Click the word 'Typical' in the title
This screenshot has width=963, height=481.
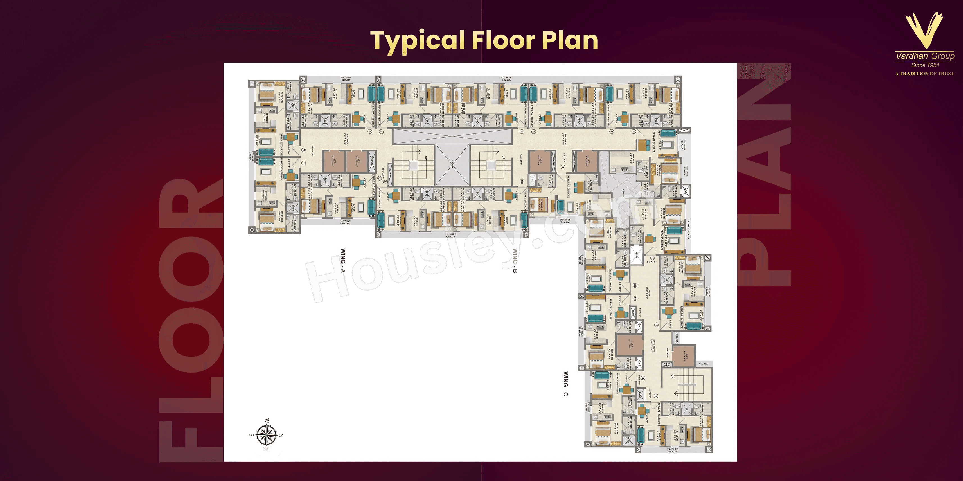[417, 41]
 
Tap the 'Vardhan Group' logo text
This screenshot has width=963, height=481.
[925, 56]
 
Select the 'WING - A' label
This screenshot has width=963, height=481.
[343, 261]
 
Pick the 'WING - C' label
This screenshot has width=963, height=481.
[566, 384]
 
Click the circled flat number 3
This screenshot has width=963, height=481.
[370, 131]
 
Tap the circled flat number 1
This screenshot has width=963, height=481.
[304, 163]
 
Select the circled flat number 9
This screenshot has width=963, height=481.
[563, 167]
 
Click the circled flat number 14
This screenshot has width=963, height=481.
[656, 325]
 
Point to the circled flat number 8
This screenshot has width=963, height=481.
[633, 131]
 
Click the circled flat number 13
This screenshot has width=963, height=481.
[652, 258]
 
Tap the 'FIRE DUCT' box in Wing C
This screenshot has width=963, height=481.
[667, 365]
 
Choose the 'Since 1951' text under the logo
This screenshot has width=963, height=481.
[925, 65]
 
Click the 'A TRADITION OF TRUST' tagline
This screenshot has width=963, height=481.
[924, 74]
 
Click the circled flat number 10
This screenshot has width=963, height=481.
[522, 181]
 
